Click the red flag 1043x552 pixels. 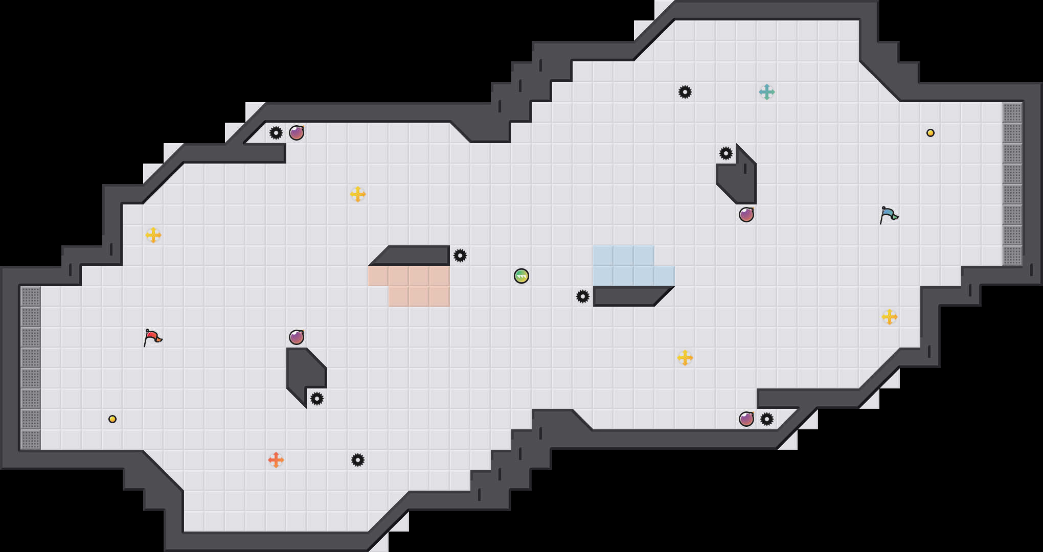(x=152, y=337)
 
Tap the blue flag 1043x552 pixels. (x=889, y=215)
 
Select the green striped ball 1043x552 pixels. (x=521, y=276)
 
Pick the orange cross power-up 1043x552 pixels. (x=276, y=460)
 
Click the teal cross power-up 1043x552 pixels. (x=767, y=92)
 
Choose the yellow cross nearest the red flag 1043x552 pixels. (x=153, y=235)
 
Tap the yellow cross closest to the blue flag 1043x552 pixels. (x=890, y=317)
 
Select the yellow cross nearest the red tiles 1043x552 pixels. (x=358, y=194)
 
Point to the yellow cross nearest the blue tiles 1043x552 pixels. (x=685, y=358)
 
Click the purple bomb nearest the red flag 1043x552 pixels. (x=297, y=337)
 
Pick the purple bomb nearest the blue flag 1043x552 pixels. (x=746, y=215)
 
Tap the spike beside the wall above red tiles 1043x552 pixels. (x=460, y=256)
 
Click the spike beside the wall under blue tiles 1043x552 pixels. (x=583, y=296)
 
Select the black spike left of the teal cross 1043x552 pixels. (x=685, y=92)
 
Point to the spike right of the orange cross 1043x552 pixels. (x=358, y=460)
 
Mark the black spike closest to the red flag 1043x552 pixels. (x=317, y=399)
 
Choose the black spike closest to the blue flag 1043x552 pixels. (x=726, y=153)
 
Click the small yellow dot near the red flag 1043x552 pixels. (x=112, y=419)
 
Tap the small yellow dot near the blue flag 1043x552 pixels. (x=931, y=133)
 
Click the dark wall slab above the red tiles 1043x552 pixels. (x=414, y=255)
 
